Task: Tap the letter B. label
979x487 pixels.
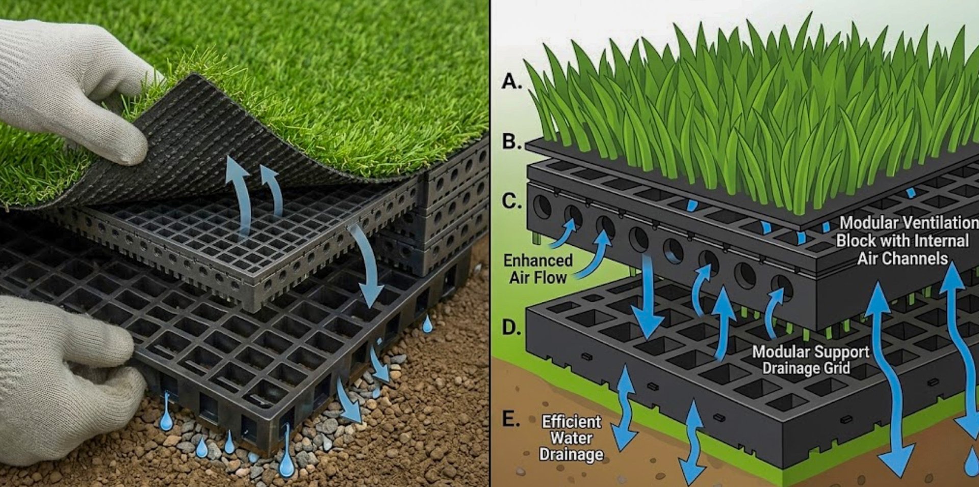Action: click(512, 142)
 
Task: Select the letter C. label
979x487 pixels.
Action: click(512, 201)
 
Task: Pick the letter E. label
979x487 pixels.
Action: click(511, 419)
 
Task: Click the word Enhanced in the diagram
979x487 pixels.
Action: click(538, 261)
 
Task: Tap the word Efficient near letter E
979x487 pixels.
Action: click(571, 422)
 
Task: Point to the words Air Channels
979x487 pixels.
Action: click(902, 259)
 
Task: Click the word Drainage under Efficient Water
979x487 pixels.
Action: click(571, 454)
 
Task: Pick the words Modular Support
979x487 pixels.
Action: click(810, 352)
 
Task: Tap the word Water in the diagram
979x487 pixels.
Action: click(571, 438)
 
